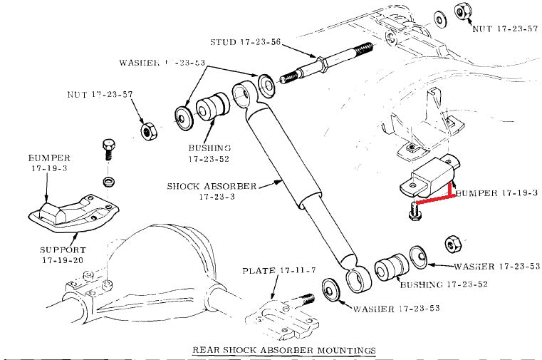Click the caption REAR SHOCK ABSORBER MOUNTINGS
(284, 350)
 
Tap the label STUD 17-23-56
(246, 42)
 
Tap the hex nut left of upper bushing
(149, 131)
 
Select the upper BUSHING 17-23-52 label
(209, 153)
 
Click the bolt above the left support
(108, 148)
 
